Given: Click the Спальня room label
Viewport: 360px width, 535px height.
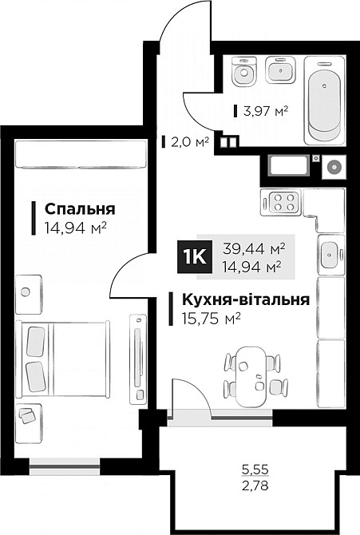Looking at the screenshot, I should coord(80,209).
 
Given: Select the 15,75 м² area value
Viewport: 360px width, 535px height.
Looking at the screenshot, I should coord(206,318).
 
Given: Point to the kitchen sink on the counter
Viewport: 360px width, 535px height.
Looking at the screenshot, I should coord(329,255).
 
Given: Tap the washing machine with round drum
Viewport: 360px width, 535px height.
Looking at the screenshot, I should coord(333,167).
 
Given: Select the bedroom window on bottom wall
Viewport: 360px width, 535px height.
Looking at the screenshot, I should coord(64,462).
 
